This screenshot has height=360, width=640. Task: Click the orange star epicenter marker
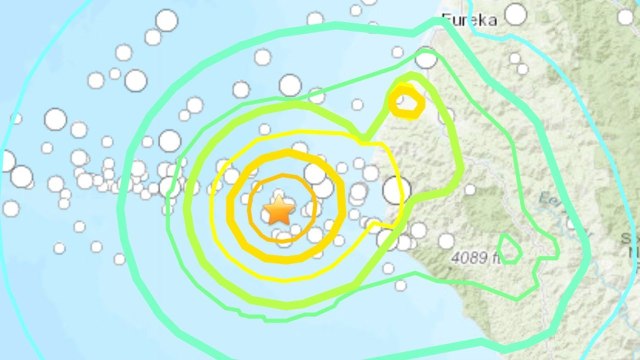[x=278, y=210]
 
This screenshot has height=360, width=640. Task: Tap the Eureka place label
[x=469, y=17]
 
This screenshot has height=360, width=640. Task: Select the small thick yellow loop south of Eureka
[x=406, y=102]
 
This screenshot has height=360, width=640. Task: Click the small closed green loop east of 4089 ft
[x=509, y=249]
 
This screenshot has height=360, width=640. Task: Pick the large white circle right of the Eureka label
[x=515, y=13]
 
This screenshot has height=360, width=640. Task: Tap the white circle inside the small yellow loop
[x=404, y=100]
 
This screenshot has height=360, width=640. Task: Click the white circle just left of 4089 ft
[x=445, y=240]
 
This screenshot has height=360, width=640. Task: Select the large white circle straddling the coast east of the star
[x=396, y=188]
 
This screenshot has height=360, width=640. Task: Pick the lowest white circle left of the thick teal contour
[x=119, y=259]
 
